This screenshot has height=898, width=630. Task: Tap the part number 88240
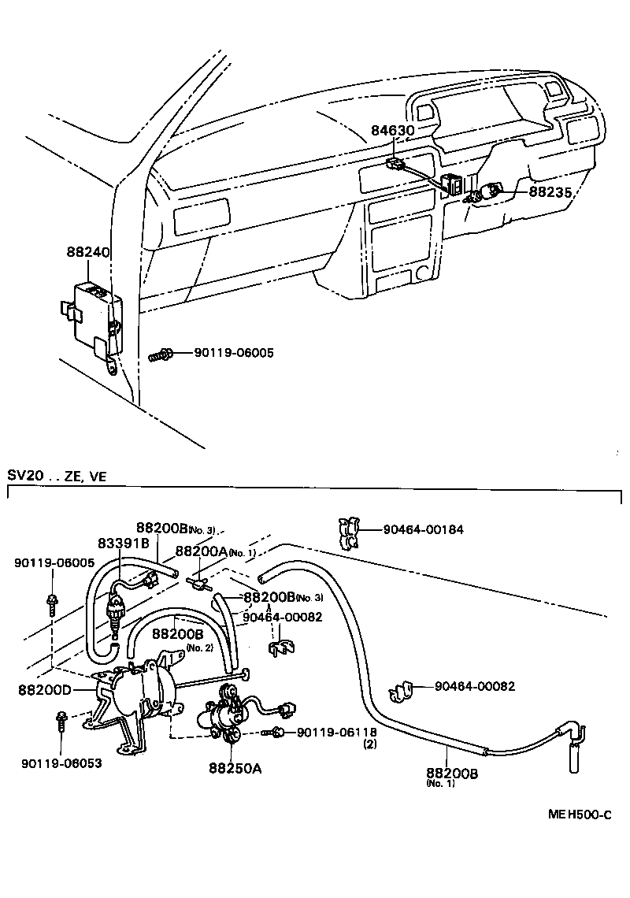87,253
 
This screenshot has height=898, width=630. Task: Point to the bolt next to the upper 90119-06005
160,355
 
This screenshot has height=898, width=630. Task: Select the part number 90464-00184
423,530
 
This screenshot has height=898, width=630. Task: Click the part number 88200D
44,689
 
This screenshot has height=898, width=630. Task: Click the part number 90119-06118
336,733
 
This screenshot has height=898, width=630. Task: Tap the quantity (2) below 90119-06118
369,744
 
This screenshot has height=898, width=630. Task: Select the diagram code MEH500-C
580,815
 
